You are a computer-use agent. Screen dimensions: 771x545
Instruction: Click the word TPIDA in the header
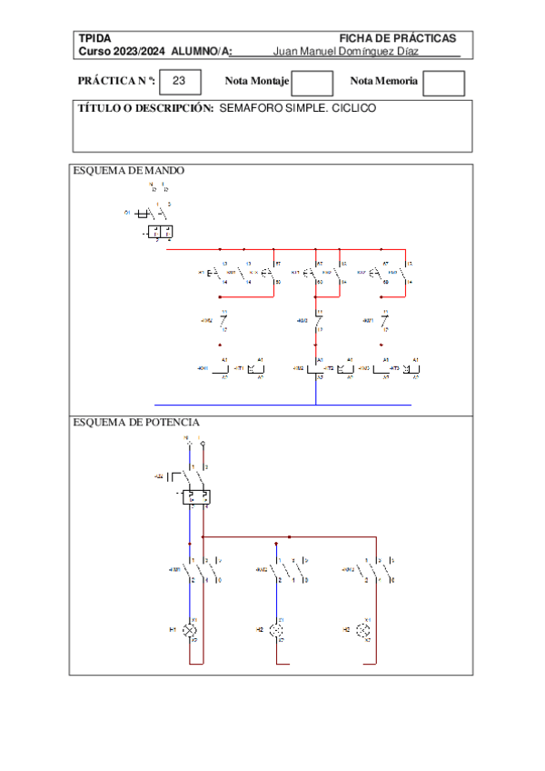[94, 38]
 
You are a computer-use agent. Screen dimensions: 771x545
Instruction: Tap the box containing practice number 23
[179, 82]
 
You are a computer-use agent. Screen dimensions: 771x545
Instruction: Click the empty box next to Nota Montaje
[312, 83]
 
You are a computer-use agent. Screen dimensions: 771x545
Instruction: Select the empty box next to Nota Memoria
[444, 83]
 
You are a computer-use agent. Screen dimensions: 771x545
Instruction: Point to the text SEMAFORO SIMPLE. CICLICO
[298, 108]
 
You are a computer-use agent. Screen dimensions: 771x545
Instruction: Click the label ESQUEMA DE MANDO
[128, 170]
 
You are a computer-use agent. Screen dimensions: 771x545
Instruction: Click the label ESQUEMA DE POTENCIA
[136, 422]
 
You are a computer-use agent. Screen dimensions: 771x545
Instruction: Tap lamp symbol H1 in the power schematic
[191, 629]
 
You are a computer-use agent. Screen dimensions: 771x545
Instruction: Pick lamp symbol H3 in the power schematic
[365, 629]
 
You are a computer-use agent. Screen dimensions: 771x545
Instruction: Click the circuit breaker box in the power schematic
[197, 497]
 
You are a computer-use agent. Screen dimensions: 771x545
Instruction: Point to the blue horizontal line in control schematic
[282, 405]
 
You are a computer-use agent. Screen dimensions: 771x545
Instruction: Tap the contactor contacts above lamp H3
[376, 570]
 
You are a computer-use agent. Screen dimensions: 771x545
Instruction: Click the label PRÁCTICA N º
[116, 82]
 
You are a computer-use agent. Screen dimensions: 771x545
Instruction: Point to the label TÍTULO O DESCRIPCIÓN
[146, 108]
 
